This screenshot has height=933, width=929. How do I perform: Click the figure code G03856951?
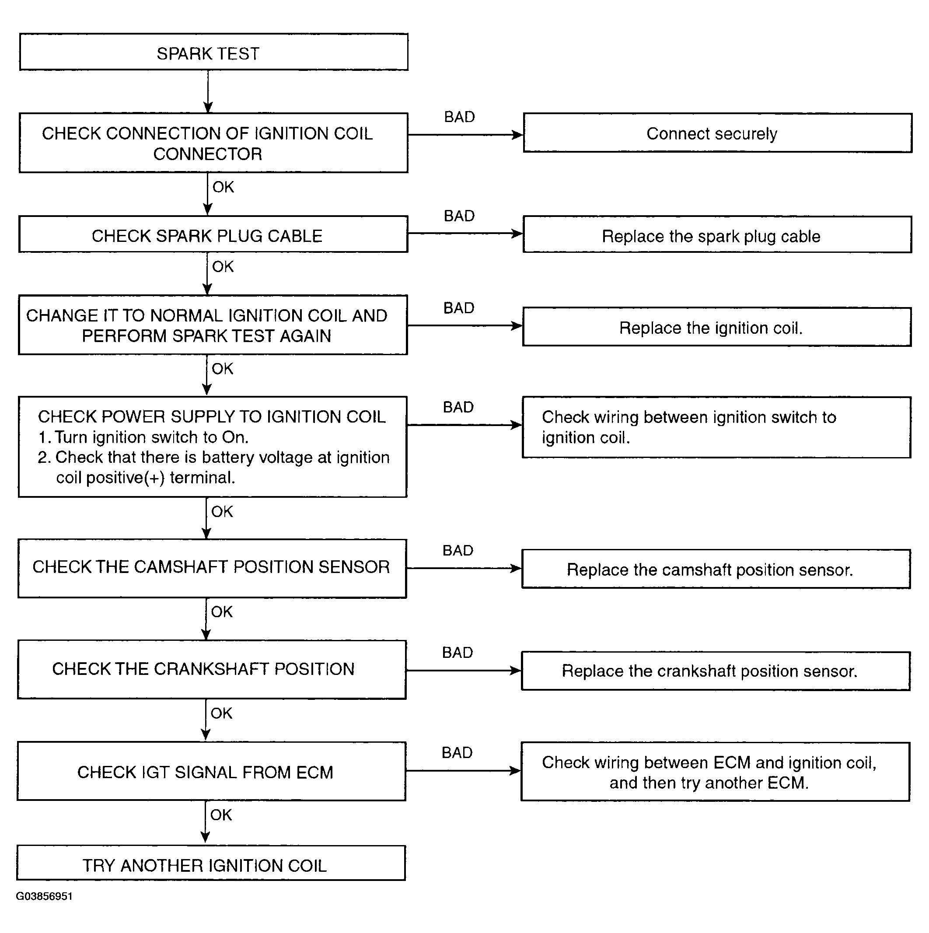pos(45,896)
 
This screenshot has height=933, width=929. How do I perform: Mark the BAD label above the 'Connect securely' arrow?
pos(459,117)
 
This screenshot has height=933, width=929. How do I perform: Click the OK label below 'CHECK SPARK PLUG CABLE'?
pos(223,266)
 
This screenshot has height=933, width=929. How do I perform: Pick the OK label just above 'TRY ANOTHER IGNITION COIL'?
pos(221,815)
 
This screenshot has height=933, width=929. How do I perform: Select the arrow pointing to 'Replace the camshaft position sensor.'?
pos(464,568)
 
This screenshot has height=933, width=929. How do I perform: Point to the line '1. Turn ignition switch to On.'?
pos(143,437)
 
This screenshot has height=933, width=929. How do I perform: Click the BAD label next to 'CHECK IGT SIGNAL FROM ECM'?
pos(457,753)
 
